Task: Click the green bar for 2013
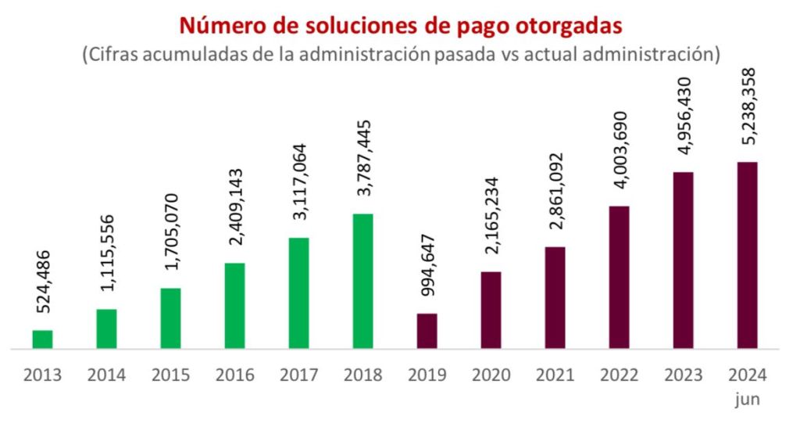click(43, 339)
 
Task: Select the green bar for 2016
click(235, 306)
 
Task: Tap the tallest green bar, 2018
click(363, 281)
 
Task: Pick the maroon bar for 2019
click(427, 331)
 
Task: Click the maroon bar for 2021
click(555, 297)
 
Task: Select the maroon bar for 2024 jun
click(748, 255)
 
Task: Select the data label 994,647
click(427, 264)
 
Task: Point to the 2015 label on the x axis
click(171, 375)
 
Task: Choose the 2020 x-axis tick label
click(491, 375)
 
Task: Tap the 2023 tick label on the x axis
click(684, 375)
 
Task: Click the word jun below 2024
click(748, 400)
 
